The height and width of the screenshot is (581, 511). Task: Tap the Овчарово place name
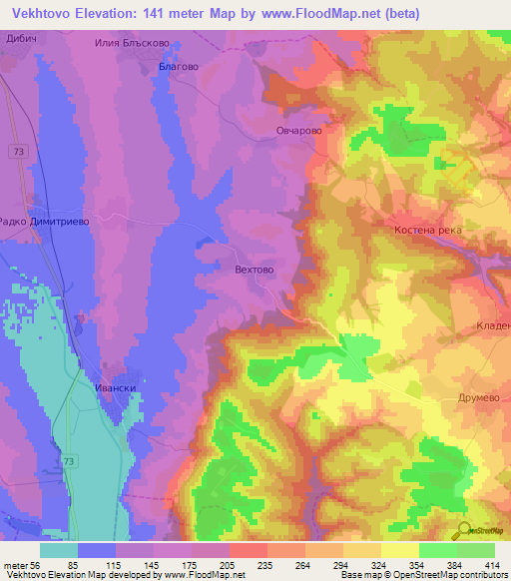pos(297,130)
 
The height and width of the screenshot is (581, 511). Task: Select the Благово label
pos(179,66)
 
